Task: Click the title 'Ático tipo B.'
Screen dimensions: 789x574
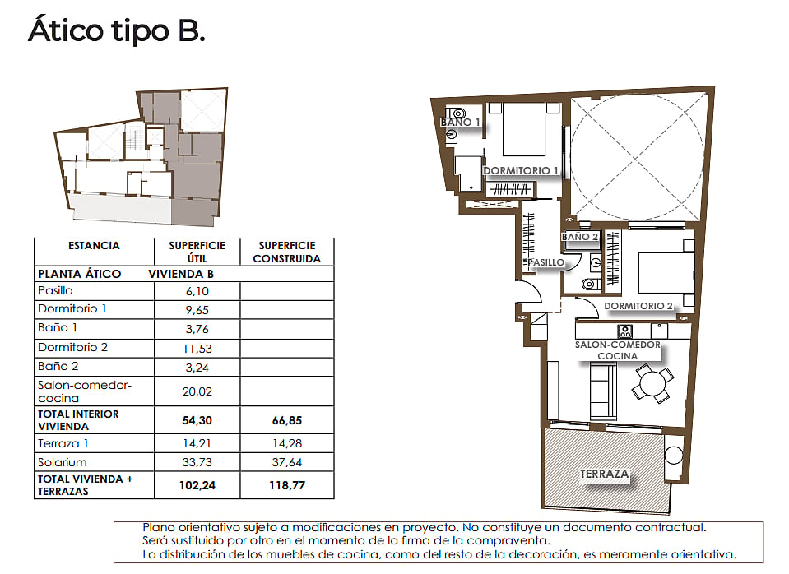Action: click(x=117, y=30)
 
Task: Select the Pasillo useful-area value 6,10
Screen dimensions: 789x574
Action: click(x=197, y=291)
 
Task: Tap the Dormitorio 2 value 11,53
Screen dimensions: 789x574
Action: click(x=197, y=349)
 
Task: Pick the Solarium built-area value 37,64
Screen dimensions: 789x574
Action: click(x=287, y=462)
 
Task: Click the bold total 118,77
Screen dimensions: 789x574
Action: click(x=287, y=485)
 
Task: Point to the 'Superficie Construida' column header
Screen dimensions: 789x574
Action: click(x=287, y=252)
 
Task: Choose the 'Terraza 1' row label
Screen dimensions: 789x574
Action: click(x=63, y=444)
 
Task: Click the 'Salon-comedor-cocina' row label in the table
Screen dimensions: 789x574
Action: click(x=85, y=391)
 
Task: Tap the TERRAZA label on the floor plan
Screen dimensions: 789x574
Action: click(x=605, y=474)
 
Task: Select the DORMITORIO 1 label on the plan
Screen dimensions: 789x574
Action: click(x=521, y=170)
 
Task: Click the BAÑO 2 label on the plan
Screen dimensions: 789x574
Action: click(x=580, y=237)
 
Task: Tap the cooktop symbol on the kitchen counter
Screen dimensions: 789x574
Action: click(x=625, y=331)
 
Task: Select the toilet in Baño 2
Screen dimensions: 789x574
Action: click(x=591, y=285)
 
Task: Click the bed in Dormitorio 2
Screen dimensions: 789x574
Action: click(x=666, y=273)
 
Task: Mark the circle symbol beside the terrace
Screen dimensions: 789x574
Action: click(x=673, y=456)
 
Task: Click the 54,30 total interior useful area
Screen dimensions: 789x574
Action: click(x=197, y=420)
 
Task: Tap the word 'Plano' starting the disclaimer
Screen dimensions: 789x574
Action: click(x=159, y=528)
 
